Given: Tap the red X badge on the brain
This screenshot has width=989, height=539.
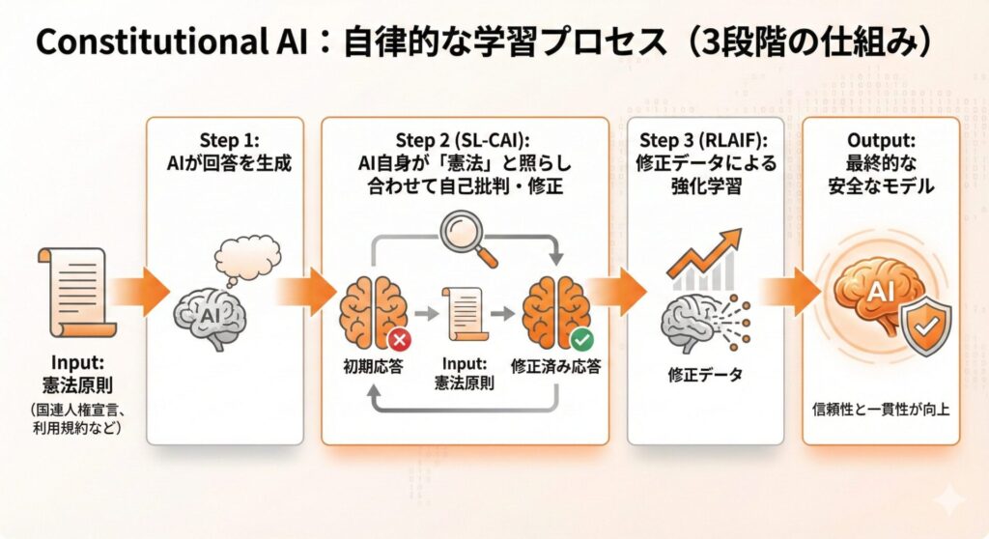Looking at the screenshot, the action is (399, 341).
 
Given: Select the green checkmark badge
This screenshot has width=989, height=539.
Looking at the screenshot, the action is (581, 340).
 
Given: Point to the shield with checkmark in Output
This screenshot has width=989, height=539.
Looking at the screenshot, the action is (926, 326).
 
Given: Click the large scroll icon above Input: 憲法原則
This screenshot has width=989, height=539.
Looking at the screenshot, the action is (75, 293).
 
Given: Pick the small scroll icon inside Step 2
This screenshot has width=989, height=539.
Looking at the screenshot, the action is (465, 314).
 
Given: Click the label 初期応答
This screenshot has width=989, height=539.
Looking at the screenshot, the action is (373, 367).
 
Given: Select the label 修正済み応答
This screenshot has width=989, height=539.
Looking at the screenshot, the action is (555, 367).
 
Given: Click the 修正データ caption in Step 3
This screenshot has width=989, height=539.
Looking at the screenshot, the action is (705, 375).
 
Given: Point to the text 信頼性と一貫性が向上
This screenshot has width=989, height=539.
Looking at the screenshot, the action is (881, 410).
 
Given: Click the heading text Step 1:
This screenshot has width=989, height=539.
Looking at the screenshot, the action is (229, 140).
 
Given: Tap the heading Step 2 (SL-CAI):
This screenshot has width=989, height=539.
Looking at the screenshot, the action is (463, 140).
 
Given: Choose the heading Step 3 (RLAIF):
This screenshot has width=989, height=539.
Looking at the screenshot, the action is (704, 140).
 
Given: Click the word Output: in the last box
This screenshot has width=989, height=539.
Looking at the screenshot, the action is (881, 140).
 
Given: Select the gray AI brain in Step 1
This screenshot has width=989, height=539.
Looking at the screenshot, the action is (210, 318).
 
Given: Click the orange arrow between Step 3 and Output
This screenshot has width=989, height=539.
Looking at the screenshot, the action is (791, 292).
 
